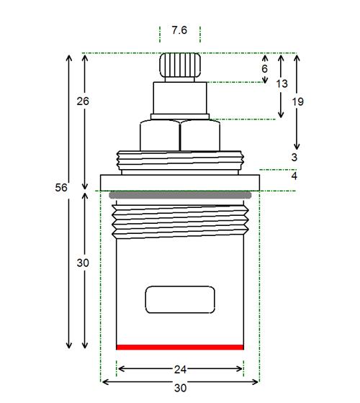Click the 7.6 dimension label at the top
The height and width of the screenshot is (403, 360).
click(179, 30)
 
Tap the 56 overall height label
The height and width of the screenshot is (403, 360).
click(61, 187)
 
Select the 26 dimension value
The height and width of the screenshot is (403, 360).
click(83, 101)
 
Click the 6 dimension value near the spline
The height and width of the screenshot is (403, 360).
click(265, 69)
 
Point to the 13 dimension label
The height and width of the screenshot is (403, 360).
click(282, 83)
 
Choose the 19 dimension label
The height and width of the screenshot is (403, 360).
click(298, 101)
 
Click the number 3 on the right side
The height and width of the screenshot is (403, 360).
click(294, 157)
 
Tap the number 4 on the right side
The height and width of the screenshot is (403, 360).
click(294, 176)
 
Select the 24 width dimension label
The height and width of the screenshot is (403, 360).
click(180, 370)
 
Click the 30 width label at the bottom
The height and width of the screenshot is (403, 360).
click(180, 388)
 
